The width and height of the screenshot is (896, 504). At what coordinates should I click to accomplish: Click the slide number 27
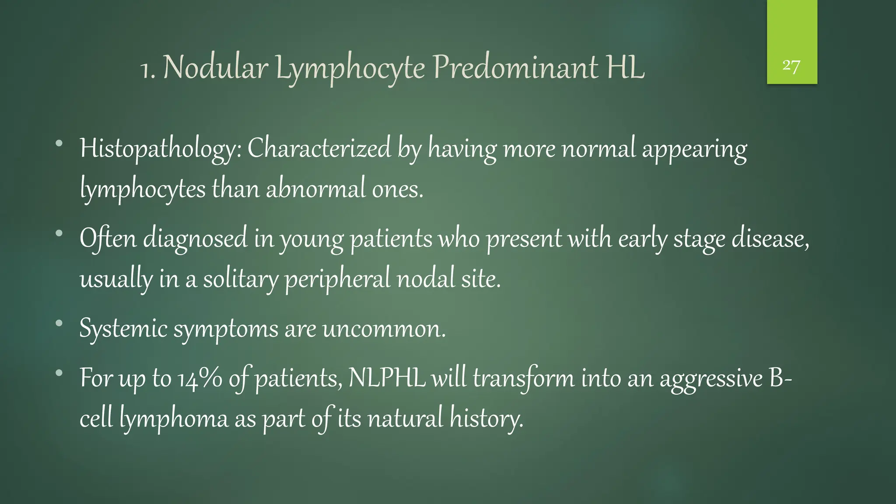[x=791, y=66]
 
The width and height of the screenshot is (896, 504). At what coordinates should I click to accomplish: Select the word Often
[x=108, y=238]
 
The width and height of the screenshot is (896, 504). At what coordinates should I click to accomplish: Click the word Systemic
[x=123, y=329]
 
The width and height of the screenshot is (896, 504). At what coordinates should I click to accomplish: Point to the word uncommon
[x=384, y=329]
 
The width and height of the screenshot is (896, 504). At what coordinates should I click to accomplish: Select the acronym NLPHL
[x=387, y=378]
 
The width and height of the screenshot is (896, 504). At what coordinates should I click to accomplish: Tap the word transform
[x=523, y=378]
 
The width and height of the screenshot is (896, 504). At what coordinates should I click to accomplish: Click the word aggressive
[x=711, y=379]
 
